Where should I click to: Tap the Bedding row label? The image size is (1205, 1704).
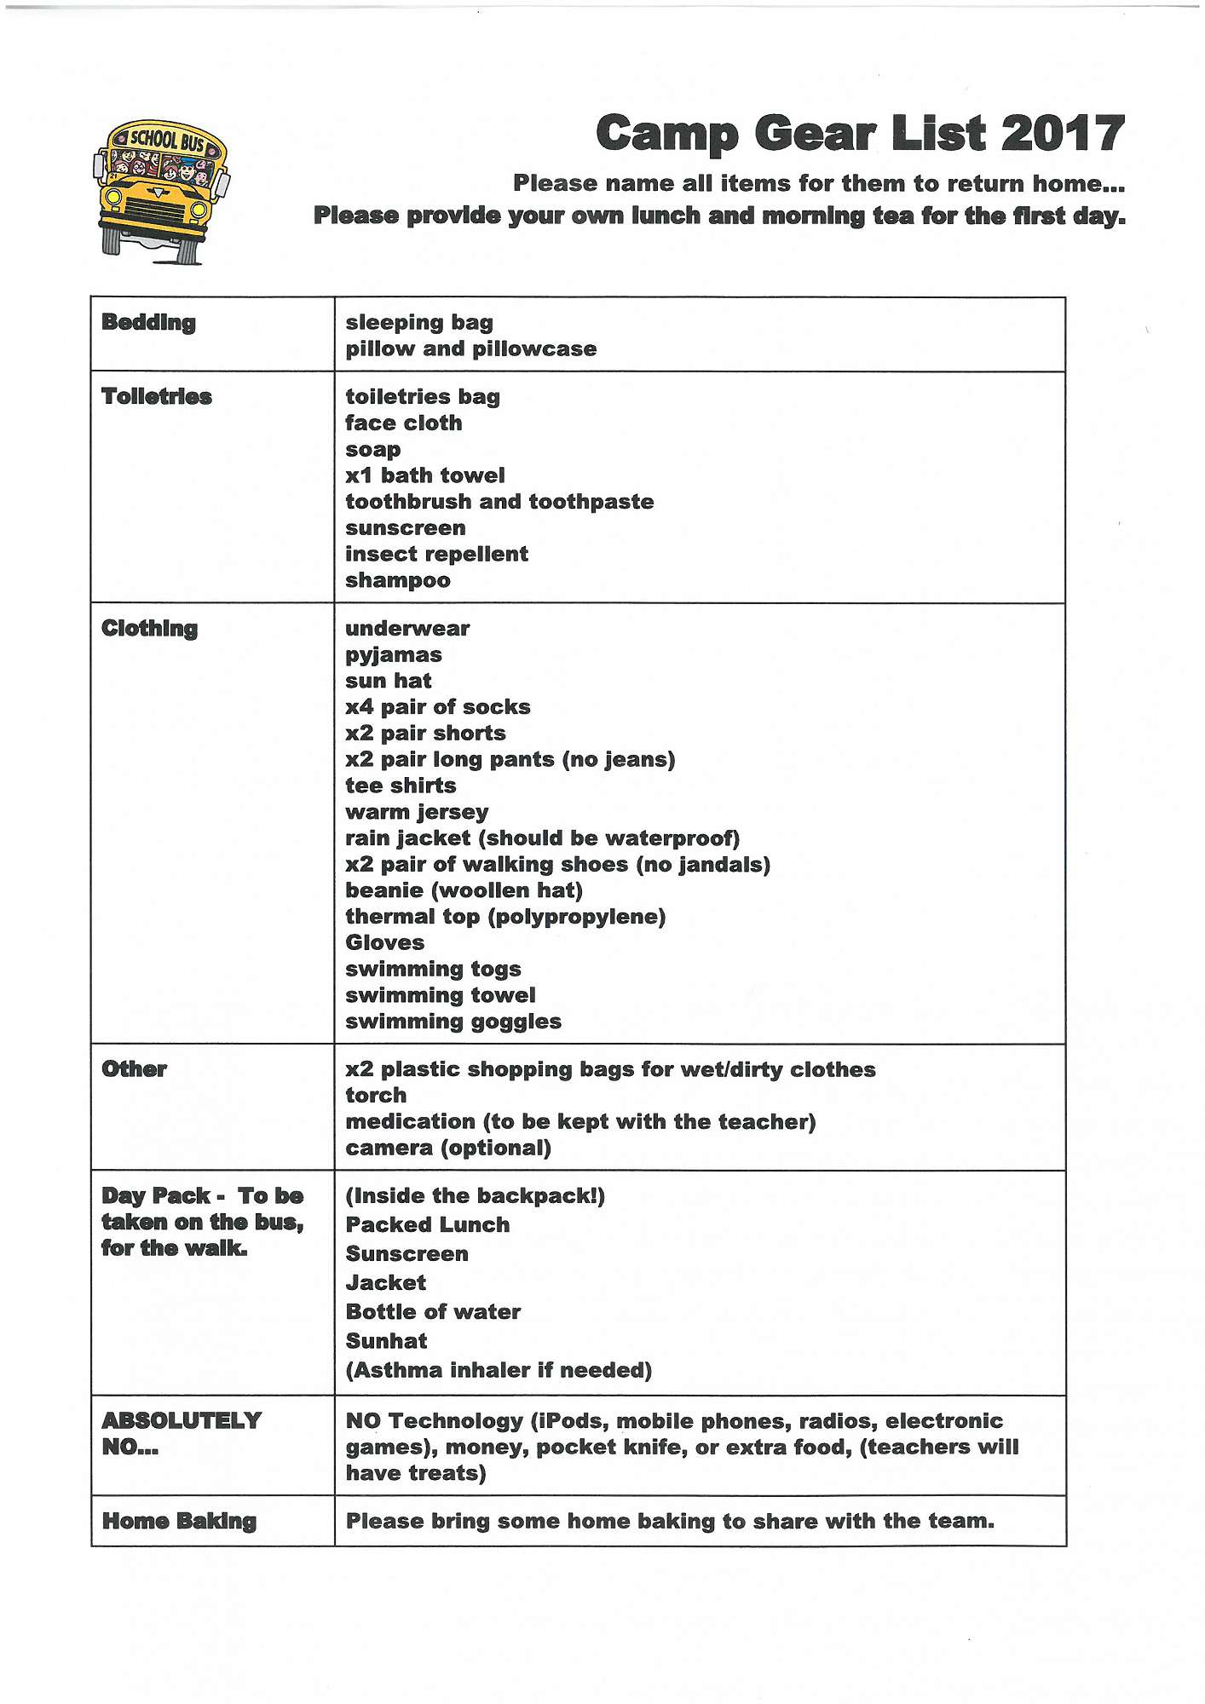(148, 322)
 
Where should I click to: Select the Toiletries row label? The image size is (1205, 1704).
(156, 396)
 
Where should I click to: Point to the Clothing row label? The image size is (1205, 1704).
(149, 629)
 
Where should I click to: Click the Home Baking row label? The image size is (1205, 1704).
(179, 1521)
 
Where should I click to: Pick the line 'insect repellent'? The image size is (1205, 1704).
(436, 554)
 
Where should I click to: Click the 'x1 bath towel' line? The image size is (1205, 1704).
(424, 475)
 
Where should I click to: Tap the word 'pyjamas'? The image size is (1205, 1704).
(394, 655)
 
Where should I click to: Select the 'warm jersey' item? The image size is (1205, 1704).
(417, 812)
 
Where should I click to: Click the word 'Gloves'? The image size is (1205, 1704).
(384, 942)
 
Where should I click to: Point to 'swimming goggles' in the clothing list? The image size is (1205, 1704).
(453, 1022)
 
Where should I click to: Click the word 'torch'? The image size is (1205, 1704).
(376, 1096)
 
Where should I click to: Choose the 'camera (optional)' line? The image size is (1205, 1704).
(448, 1148)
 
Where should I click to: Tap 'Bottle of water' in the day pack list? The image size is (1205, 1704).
(433, 1312)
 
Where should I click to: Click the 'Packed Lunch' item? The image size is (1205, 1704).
(427, 1224)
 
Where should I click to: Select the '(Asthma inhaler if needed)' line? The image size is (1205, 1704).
(499, 1370)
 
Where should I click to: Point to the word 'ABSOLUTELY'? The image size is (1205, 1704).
(182, 1420)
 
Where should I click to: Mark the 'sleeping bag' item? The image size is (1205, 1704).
(419, 322)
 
